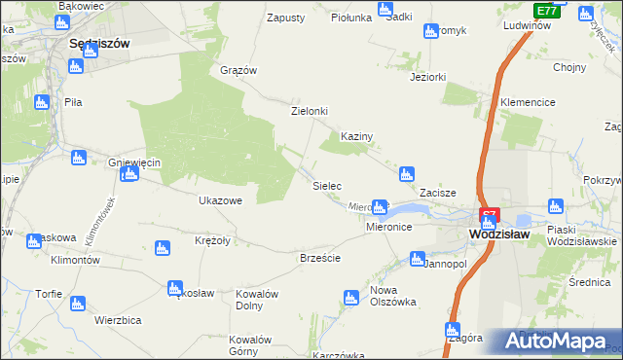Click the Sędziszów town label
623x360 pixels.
coord(100,44)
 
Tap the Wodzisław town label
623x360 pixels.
coord(497,234)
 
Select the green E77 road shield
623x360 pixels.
coord(547,11)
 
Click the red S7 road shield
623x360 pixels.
coord(490,214)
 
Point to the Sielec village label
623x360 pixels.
coord(325,184)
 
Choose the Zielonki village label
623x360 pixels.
coord(310,111)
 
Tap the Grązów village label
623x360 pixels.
coord(238,70)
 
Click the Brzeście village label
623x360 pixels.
coord(319,258)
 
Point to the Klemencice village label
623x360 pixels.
coord(528,102)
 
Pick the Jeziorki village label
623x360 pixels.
coord(428,77)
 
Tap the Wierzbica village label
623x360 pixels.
coord(119,319)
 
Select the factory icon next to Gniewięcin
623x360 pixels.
coord(129,174)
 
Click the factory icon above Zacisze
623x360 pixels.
coord(407,175)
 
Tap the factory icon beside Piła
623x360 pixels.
coord(41,101)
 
